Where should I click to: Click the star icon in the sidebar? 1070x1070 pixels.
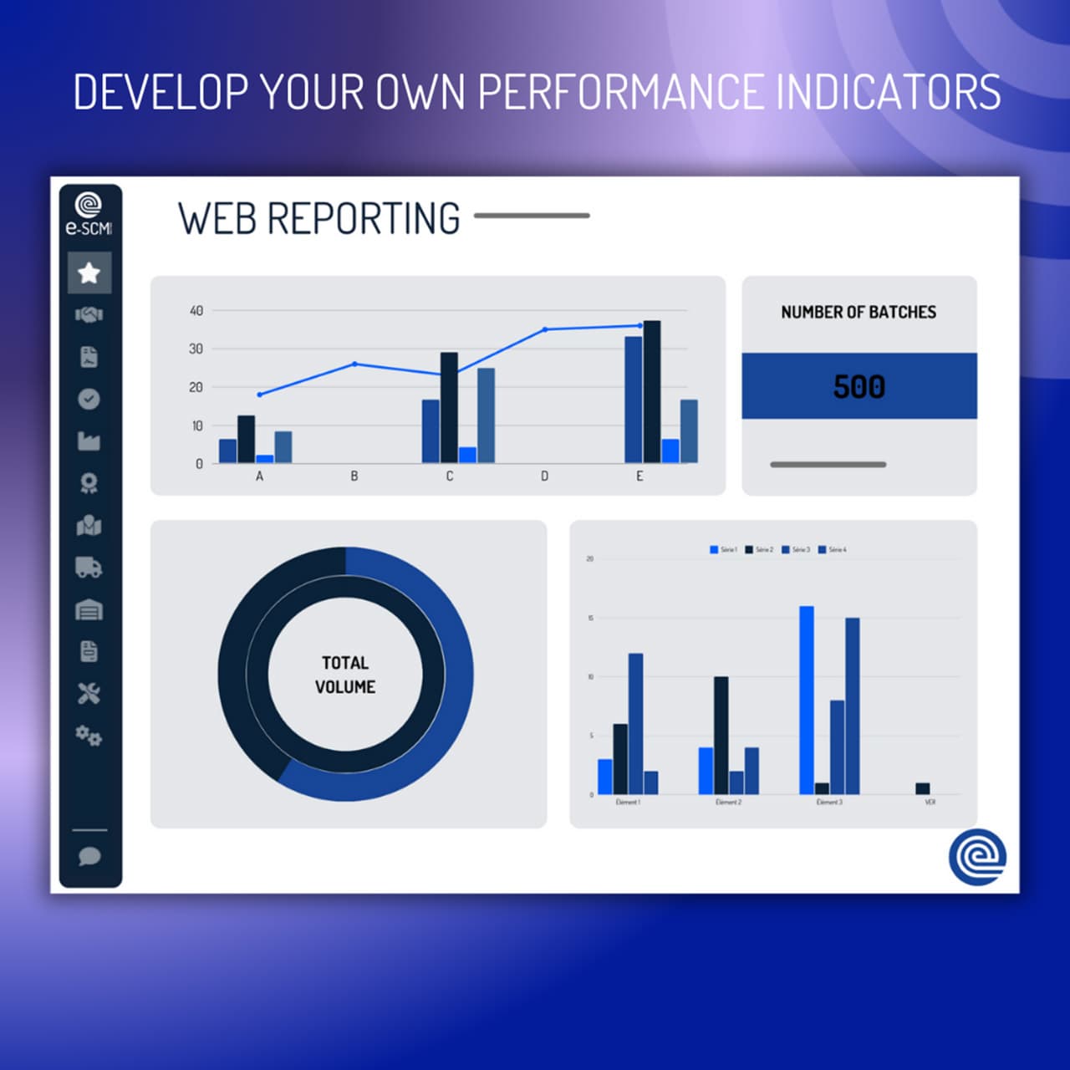[89, 273]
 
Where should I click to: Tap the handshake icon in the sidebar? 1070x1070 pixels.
[89, 314]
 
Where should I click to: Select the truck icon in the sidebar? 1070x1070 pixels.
[89, 568]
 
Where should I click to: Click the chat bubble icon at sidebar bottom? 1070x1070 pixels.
[89, 856]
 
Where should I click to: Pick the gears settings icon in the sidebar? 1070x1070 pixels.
[89, 736]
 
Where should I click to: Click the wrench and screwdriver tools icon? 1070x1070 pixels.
[89, 693]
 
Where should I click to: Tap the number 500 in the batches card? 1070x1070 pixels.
[859, 386]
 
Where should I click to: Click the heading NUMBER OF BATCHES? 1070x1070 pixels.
[859, 312]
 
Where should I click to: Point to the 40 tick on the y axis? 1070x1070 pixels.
[196, 311]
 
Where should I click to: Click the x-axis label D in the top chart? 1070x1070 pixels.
[544, 476]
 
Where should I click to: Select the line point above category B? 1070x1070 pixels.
[354, 364]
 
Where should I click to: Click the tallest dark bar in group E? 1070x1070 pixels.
[652, 391]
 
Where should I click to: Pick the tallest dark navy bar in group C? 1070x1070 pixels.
[449, 407]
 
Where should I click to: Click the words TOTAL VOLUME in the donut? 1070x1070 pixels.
[345, 675]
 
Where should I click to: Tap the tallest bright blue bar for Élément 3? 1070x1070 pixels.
[807, 700]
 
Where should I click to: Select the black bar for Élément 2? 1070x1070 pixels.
[721, 736]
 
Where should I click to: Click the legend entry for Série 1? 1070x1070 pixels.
[724, 550]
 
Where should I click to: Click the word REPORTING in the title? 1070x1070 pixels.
[363, 219]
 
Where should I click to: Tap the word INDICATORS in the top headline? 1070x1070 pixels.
[889, 92]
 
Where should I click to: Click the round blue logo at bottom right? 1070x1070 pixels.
[977, 857]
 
